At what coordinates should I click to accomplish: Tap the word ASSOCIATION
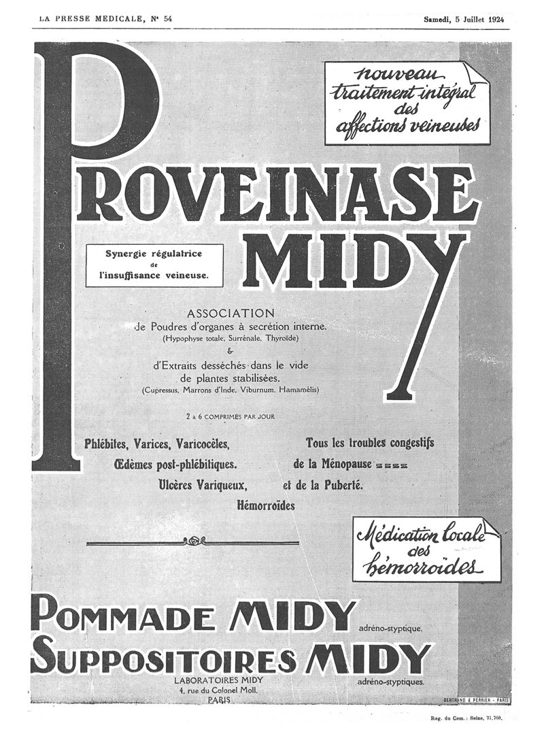[x=230, y=314]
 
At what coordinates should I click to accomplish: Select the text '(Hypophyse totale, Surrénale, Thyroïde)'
[x=230, y=338]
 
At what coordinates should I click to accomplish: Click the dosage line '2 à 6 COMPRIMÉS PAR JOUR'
[x=230, y=416]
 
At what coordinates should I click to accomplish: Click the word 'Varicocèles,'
[x=202, y=445]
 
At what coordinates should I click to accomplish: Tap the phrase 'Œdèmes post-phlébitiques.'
[x=175, y=465]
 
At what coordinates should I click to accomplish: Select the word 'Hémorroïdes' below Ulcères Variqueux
[x=266, y=505]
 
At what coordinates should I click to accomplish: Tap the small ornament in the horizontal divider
[x=194, y=541]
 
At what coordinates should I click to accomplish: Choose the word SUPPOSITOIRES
[x=163, y=656]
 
